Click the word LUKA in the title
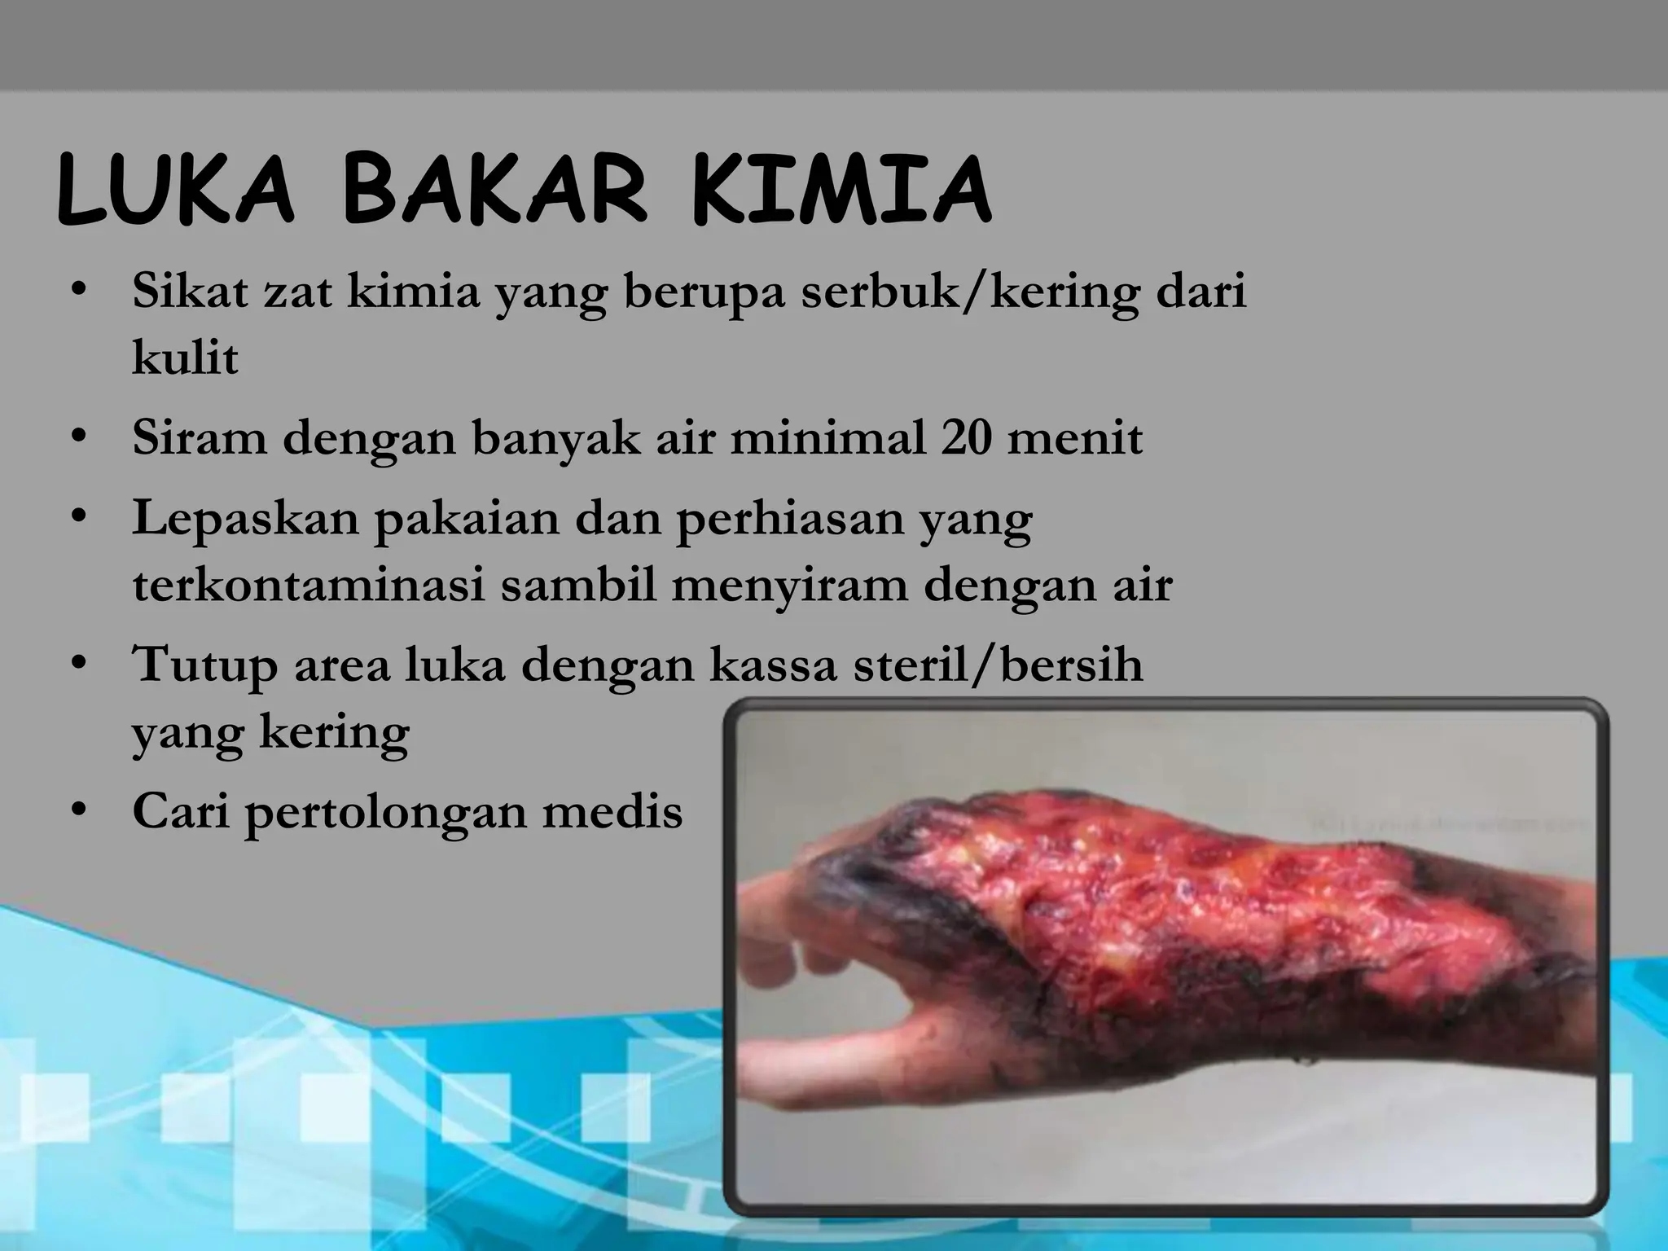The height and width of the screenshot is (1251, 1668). tap(176, 192)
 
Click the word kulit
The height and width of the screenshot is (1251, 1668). tap(186, 358)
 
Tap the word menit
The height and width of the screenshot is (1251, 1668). tap(1075, 438)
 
